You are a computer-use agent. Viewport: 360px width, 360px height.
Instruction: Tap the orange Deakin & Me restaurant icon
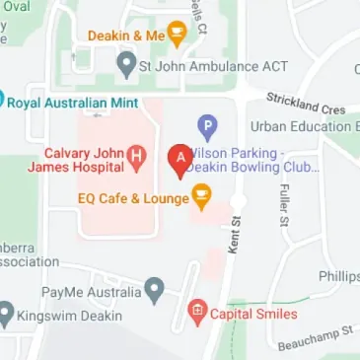178,36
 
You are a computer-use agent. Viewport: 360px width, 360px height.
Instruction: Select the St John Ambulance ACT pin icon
126,66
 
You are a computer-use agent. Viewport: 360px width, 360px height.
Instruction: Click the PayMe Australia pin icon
154,291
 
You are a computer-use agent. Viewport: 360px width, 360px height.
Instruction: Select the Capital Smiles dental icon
197,314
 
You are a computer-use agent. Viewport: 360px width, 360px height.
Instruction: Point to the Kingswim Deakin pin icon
7,316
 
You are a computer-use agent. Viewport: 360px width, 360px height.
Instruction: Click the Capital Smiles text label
254,315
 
